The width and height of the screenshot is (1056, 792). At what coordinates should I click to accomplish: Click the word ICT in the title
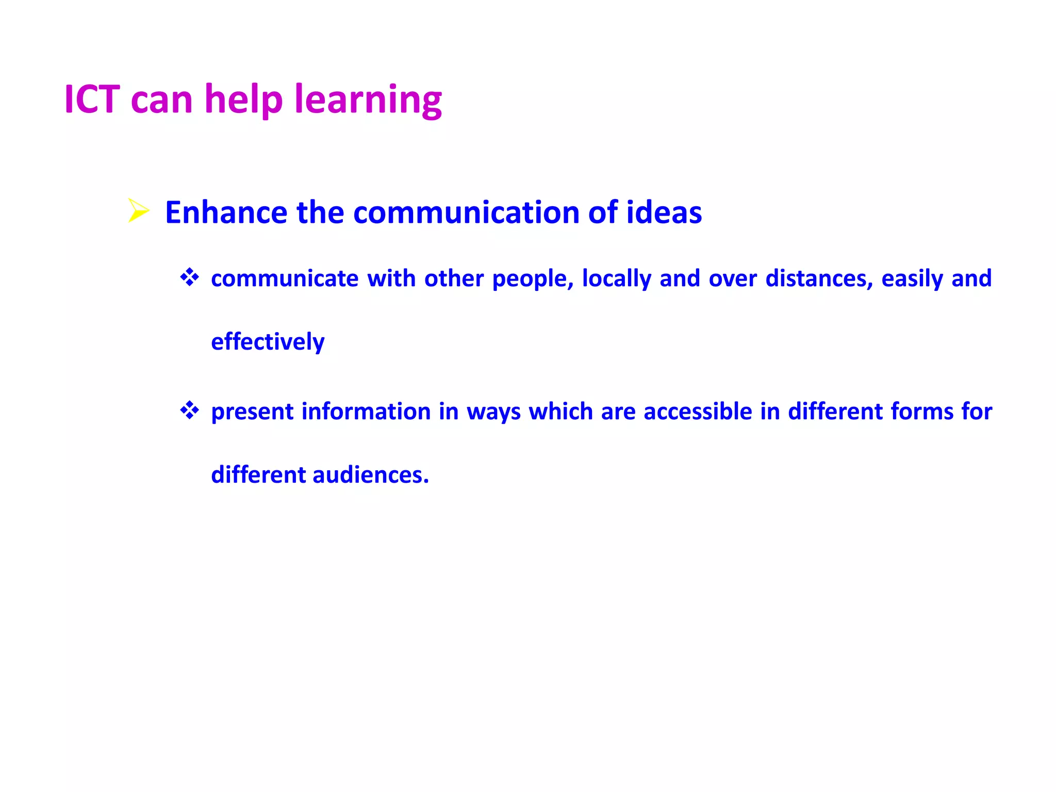click(92, 99)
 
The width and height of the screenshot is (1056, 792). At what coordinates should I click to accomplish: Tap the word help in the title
click(244, 99)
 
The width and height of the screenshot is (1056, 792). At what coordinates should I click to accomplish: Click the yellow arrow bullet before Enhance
click(138, 210)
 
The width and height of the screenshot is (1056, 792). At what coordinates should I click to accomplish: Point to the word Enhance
click(226, 212)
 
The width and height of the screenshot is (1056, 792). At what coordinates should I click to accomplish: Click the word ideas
click(664, 212)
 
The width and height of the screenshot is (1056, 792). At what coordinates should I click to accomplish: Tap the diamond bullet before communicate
click(189, 277)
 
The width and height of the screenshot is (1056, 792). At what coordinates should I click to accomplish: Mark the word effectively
click(268, 342)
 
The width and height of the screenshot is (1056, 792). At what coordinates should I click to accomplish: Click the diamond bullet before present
click(189, 410)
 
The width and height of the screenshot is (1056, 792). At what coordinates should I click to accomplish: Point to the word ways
click(493, 412)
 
